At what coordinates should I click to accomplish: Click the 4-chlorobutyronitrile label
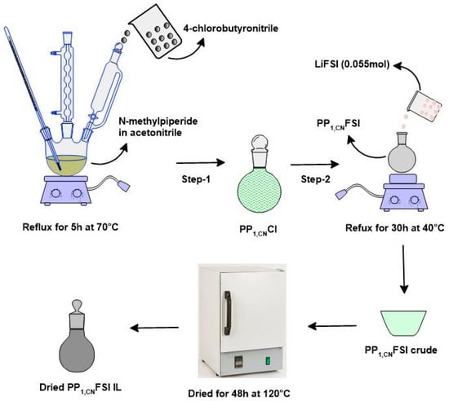(x=231, y=29)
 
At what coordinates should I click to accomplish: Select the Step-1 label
(x=196, y=179)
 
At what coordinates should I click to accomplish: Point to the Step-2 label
(x=316, y=179)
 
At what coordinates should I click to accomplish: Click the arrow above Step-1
(x=201, y=163)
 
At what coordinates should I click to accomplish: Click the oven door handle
(x=228, y=313)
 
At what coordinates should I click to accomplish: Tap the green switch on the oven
(x=269, y=361)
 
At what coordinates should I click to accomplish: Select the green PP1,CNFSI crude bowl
(x=403, y=323)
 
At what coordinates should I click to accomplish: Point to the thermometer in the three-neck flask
(x=32, y=97)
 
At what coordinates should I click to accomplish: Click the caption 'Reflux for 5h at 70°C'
(x=70, y=227)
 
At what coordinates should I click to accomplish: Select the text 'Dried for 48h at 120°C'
(x=239, y=394)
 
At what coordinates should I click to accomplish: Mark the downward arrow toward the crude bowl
(x=404, y=269)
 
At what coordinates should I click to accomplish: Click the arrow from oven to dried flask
(x=154, y=328)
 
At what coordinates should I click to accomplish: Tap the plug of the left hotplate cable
(x=123, y=186)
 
